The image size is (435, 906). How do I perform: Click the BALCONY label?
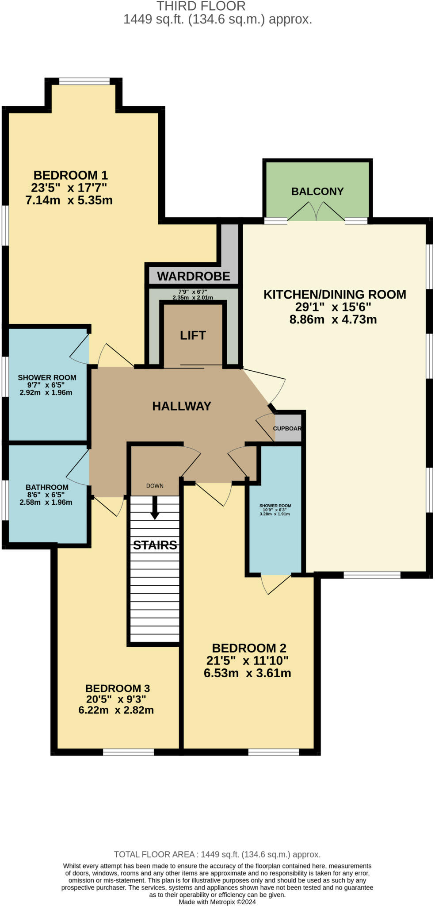click(x=317, y=192)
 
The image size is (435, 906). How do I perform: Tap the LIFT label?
click(x=193, y=335)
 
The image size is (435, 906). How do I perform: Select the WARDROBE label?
click(x=194, y=276)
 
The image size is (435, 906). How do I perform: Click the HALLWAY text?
click(x=182, y=406)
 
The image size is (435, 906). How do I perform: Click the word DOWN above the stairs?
click(x=155, y=486)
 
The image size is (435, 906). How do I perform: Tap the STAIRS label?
click(x=155, y=545)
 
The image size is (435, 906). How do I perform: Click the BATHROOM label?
click(x=47, y=487)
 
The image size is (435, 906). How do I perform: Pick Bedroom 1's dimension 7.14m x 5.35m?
click(x=69, y=200)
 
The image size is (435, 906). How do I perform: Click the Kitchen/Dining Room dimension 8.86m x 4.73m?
click(x=333, y=319)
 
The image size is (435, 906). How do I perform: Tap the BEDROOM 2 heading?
click(x=249, y=648)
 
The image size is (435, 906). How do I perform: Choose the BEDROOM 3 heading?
click(x=117, y=688)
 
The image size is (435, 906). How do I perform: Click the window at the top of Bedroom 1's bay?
click(x=84, y=81)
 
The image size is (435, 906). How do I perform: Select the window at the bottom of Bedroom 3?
click(x=128, y=752)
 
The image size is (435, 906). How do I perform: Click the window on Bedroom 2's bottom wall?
click(x=273, y=752)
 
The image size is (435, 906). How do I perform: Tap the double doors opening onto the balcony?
click(x=316, y=212)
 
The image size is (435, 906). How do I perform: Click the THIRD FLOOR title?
click(x=201, y=6)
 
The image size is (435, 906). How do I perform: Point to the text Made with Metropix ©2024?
click(x=217, y=902)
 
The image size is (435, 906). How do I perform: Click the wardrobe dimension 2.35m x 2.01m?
click(x=193, y=298)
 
